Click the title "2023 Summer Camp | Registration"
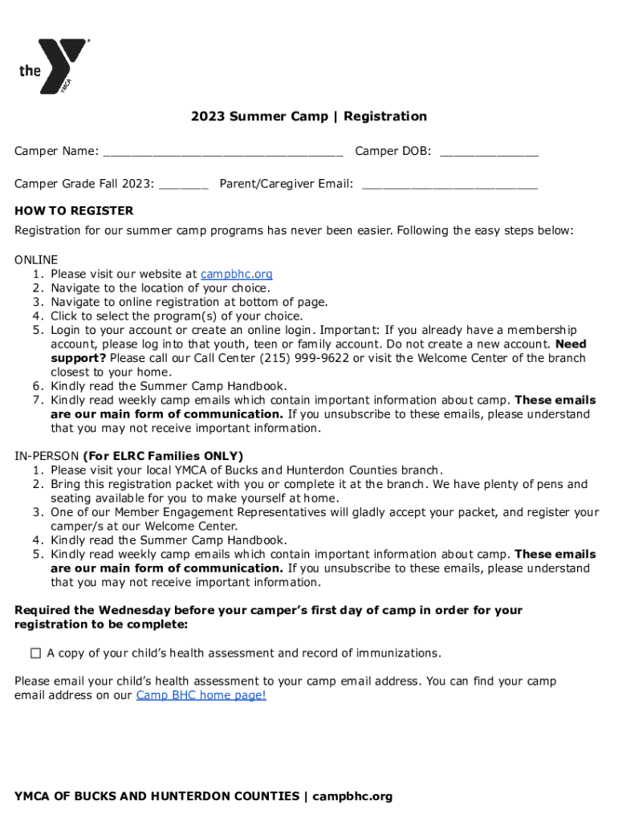[309, 116]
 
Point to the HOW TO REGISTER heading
[74, 211]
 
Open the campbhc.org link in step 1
[236, 274]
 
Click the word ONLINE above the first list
[36, 260]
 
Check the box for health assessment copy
[36, 653]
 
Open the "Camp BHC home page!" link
[201, 695]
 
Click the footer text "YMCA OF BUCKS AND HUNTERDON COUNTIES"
[157, 796]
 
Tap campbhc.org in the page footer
[352, 796]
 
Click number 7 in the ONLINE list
[38, 401]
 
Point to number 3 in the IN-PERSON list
[38, 512]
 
